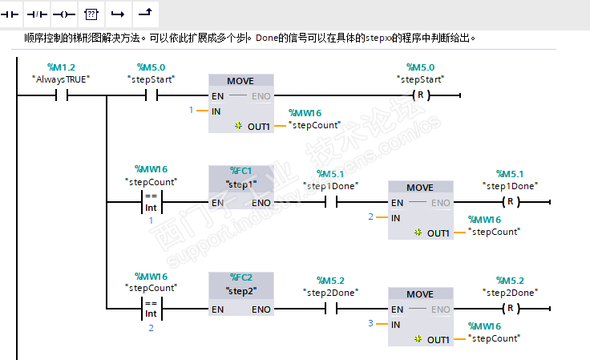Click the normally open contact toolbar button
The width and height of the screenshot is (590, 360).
coord(10,14)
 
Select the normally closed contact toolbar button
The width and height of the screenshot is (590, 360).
coord(37,14)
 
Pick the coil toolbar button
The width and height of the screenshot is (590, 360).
coord(64,14)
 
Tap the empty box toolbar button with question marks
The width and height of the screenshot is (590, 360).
coord(91,14)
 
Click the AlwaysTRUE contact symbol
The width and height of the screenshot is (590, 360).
coord(62,95)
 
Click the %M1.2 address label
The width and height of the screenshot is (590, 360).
coord(61,67)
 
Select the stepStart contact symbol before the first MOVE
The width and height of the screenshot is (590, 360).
coord(152,95)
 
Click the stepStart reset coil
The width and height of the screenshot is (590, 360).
coord(420,95)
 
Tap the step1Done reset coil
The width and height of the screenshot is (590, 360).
coord(510,202)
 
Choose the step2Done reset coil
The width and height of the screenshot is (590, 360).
coord(510,309)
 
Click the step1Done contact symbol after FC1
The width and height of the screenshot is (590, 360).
coord(331,202)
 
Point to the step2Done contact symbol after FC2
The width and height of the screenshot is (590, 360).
coord(331,309)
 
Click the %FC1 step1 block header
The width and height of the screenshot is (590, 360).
coord(240,178)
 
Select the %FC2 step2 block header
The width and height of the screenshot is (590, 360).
coord(240,285)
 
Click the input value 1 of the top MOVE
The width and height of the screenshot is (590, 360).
coord(191,110)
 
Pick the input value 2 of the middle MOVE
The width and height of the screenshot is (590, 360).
coord(370,216)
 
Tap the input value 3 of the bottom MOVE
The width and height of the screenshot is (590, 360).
coord(370,323)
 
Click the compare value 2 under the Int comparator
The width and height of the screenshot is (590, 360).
coord(151,328)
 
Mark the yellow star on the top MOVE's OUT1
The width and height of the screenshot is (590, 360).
coord(238,126)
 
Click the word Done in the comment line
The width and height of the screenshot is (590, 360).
coord(267,38)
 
